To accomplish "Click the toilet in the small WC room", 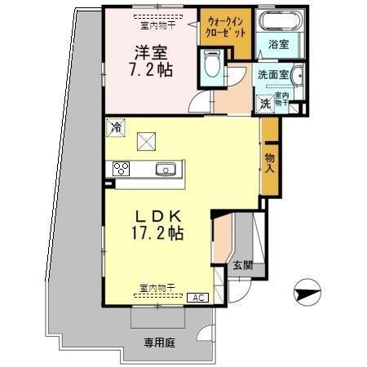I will pos(213,64).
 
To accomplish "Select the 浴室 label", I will pos(279,45).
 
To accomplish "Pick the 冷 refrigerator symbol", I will pos(116,128).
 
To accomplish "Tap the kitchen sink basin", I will pos(166,170).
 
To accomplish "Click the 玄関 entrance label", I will pos(242,264).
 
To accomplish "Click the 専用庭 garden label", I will pos(161,342).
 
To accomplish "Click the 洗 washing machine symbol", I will pos(265,104).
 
